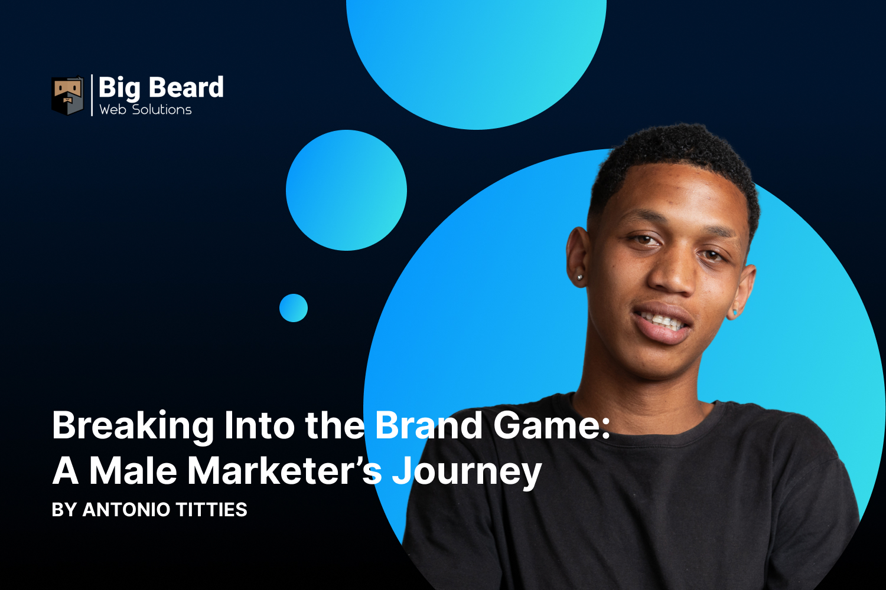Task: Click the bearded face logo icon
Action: (x=67, y=95)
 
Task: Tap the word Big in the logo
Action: (x=119, y=88)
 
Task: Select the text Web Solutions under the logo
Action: (x=145, y=110)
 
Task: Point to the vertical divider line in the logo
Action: (x=92, y=95)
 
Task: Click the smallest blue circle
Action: (x=294, y=308)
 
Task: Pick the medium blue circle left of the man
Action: (x=346, y=190)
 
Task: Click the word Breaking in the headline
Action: (x=133, y=426)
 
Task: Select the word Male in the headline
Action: (x=133, y=471)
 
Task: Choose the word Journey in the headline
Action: (x=467, y=472)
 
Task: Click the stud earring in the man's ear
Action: (x=580, y=277)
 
